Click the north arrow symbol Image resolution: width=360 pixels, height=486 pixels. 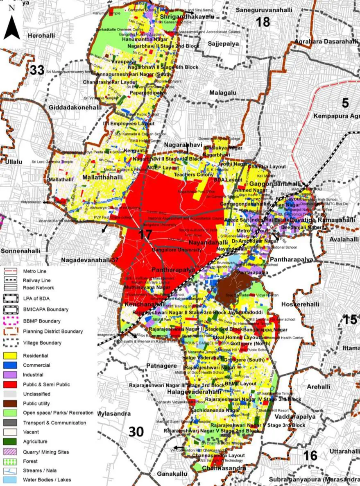(x=12, y=25)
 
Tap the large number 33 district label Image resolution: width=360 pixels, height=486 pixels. (x=37, y=70)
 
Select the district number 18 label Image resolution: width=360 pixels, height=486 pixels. (x=263, y=21)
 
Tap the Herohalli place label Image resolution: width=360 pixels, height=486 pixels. (x=41, y=36)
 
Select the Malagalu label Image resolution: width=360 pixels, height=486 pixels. (x=223, y=93)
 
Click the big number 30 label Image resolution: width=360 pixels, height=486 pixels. (x=136, y=431)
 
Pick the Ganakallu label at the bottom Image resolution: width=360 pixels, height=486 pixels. (x=172, y=474)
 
